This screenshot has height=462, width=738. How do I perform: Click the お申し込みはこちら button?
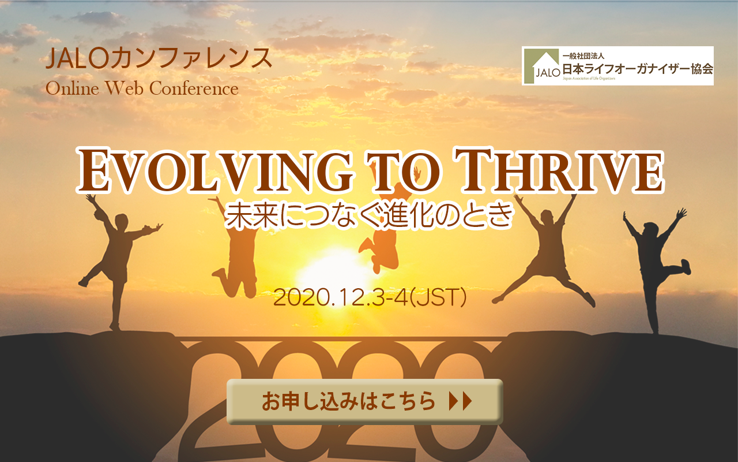click(x=365, y=401)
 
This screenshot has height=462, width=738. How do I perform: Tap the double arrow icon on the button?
click(x=461, y=401)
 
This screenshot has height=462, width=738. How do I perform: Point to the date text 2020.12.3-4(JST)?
click(x=370, y=297)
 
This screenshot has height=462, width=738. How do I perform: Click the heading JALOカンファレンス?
click(x=159, y=58)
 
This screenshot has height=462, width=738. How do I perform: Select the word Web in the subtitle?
click(x=124, y=88)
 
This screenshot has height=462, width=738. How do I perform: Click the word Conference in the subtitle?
click(x=194, y=88)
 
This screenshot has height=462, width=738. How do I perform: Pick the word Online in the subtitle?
click(x=73, y=88)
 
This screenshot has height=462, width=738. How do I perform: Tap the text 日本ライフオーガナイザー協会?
click(x=638, y=69)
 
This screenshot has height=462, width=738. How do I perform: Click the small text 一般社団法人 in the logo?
click(x=583, y=56)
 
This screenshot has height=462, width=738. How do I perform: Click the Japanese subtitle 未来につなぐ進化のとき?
click(x=369, y=215)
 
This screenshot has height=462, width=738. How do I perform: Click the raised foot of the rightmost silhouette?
click(x=686, y=267)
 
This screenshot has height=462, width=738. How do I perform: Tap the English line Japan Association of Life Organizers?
click(x=589, y=79)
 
